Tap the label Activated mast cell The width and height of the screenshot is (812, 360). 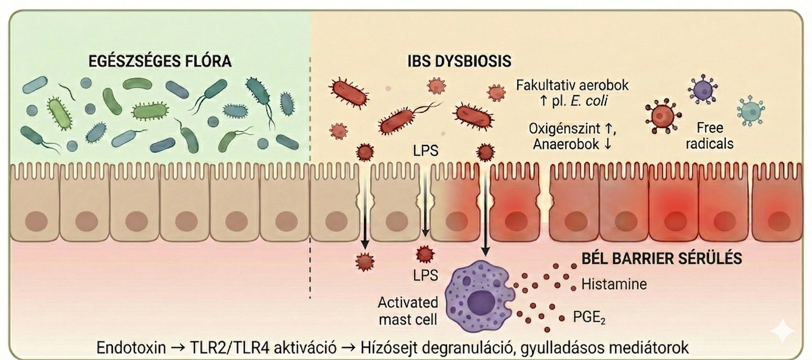coord(408,311)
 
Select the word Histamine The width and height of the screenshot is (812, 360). coord(614,284)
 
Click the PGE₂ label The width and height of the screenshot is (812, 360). coord(589,318)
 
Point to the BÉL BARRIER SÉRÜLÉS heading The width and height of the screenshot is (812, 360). coord(662,258)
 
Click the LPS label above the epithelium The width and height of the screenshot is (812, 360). coord(426,151)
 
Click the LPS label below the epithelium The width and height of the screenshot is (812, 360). coord(426,275)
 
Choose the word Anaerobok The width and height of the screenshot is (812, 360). coord(566,144)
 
